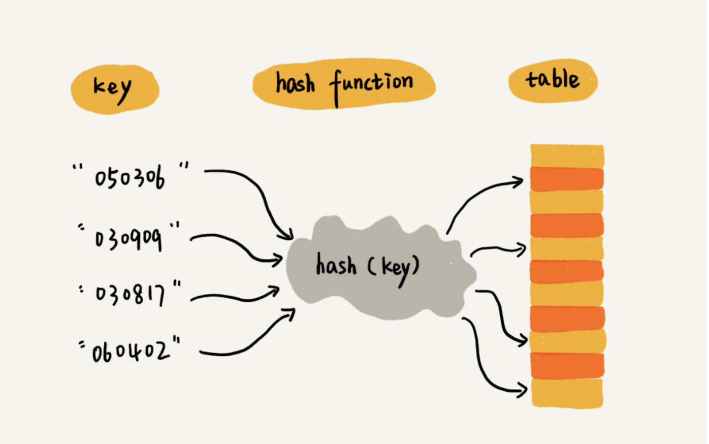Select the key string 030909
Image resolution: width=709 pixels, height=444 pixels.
point(129,238)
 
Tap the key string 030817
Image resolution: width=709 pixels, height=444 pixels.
point(130,294)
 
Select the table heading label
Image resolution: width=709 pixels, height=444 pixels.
point(552,80)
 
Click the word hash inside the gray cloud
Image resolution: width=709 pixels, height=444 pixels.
point(336,265)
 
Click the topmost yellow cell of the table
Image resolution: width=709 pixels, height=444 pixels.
point(567,155)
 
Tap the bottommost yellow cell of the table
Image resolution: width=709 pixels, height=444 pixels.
point(567,393)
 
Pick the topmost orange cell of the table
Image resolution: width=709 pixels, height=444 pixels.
point(567,179)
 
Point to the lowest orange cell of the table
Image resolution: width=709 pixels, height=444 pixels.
point(567,366)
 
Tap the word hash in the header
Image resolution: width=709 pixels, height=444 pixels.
point(295,83)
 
